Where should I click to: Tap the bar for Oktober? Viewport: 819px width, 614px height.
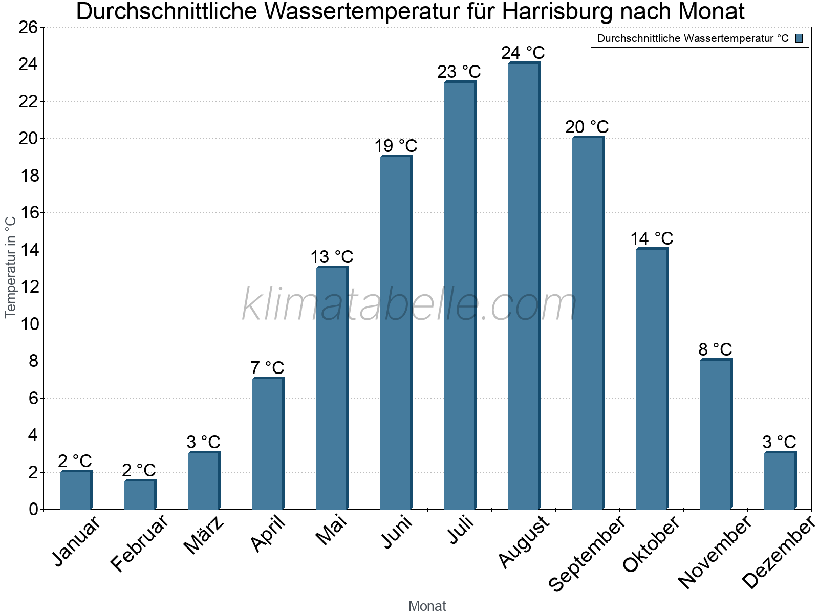click(x=652, y=379)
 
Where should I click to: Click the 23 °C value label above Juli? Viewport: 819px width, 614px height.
click(x=459, y=72)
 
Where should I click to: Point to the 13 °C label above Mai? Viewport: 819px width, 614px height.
click(x=332, y=257)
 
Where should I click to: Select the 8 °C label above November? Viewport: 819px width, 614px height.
click(x=715, y=349)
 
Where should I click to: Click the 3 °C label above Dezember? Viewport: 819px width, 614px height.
click(x=779, y=442)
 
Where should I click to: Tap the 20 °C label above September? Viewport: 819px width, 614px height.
click(x=587, y=127)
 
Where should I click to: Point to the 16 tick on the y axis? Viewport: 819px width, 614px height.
click(x=30, y=213)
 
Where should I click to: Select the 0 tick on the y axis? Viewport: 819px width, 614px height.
click(x=34, y=509)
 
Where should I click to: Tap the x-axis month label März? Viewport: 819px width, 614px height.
click(x=204, y=535)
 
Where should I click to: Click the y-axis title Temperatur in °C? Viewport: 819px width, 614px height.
click(x=11, y=267)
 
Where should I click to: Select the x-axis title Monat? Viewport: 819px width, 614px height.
click(x=427, y=606)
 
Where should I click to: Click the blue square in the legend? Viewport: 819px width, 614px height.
click(x=799, y=38)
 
